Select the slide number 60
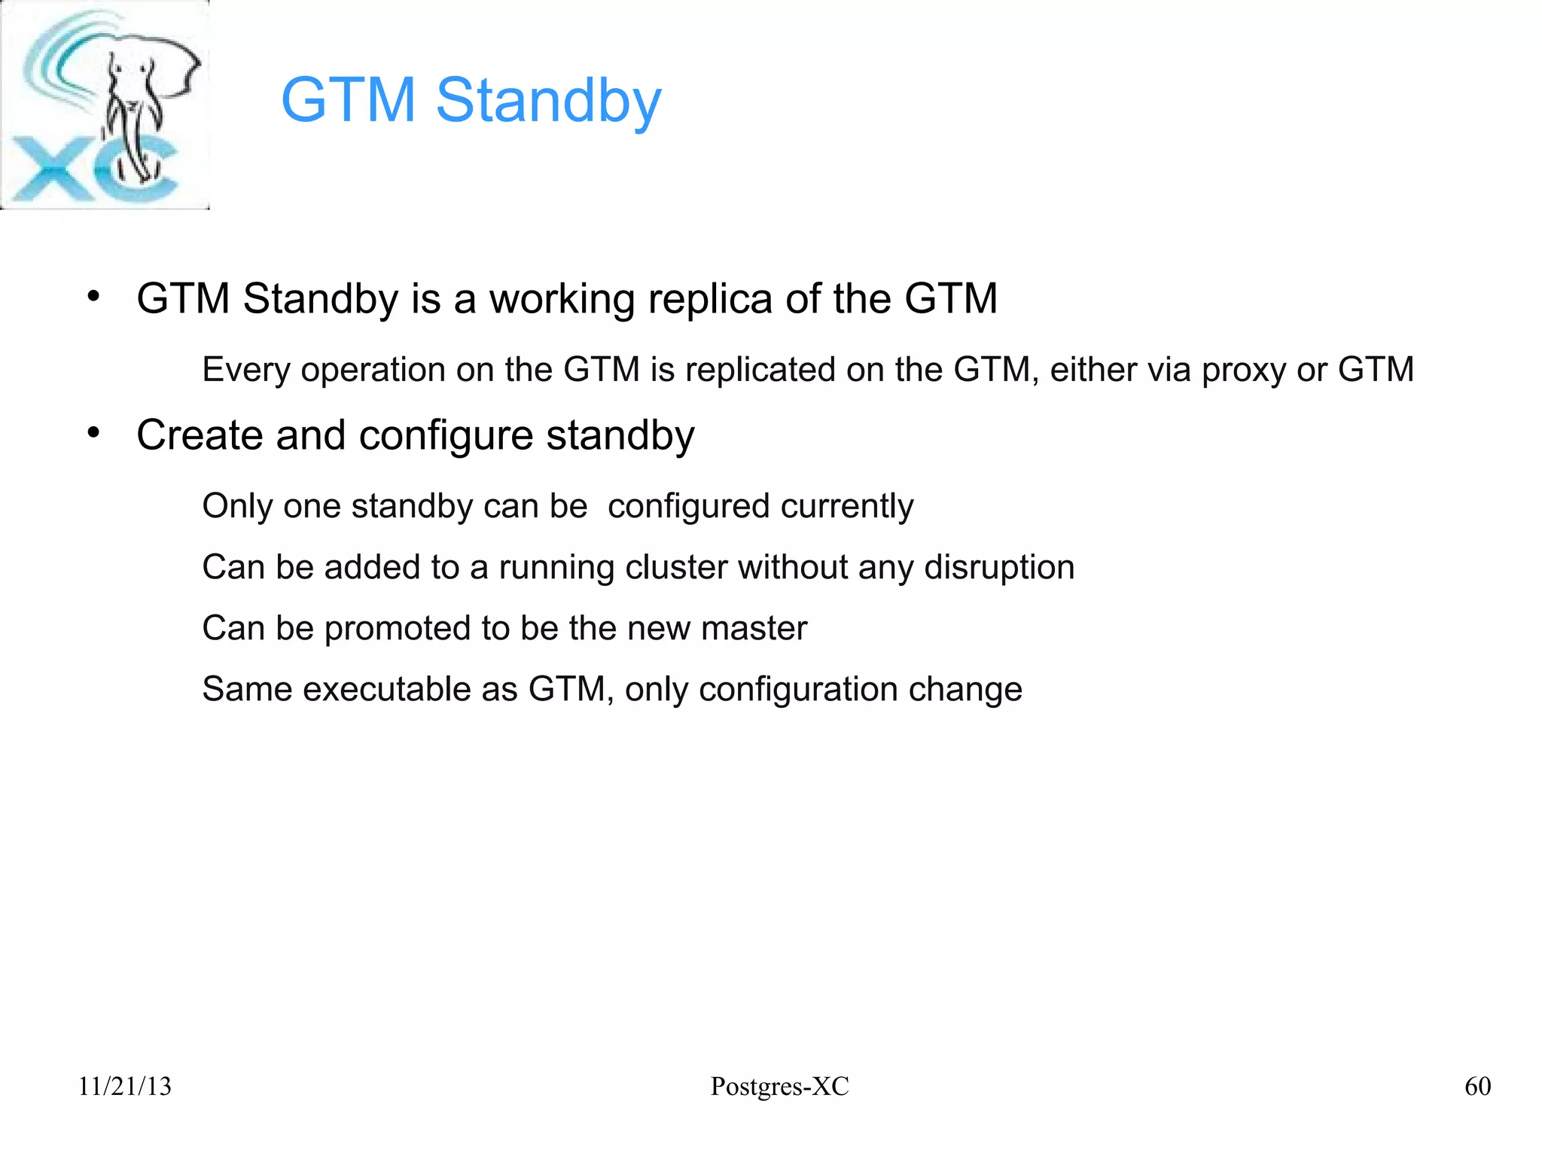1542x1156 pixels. (x=1477, y=1087)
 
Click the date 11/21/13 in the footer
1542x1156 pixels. (x=125, y=1087)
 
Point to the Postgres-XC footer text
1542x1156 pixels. (x=779, y=1087)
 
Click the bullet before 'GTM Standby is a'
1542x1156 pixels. (x=93, y=297)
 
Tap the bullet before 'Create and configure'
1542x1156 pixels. (x=93, y=433)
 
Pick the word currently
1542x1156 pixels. (x=847, y=506)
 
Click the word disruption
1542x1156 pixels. (x=998, y=567)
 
